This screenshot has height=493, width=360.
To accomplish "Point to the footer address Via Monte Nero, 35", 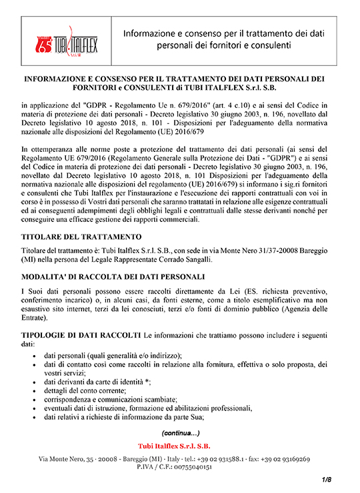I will pyautogui.click(x=69, y=460).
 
